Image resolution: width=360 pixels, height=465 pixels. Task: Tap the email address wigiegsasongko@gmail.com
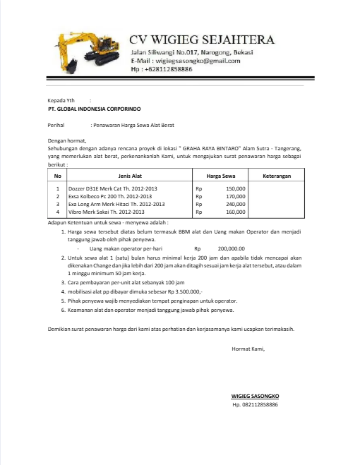point(195,61)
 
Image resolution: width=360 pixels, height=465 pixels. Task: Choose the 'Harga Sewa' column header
point(220,175)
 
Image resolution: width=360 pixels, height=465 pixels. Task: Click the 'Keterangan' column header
point(277,175)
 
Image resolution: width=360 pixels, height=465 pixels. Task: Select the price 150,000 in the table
point(235,189)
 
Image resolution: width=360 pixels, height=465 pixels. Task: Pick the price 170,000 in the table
point(235,197)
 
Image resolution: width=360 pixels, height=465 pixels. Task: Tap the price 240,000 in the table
point(235,204)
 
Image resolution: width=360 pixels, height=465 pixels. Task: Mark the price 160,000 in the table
point(235,212)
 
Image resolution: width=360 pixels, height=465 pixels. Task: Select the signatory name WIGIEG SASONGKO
point(256,396)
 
